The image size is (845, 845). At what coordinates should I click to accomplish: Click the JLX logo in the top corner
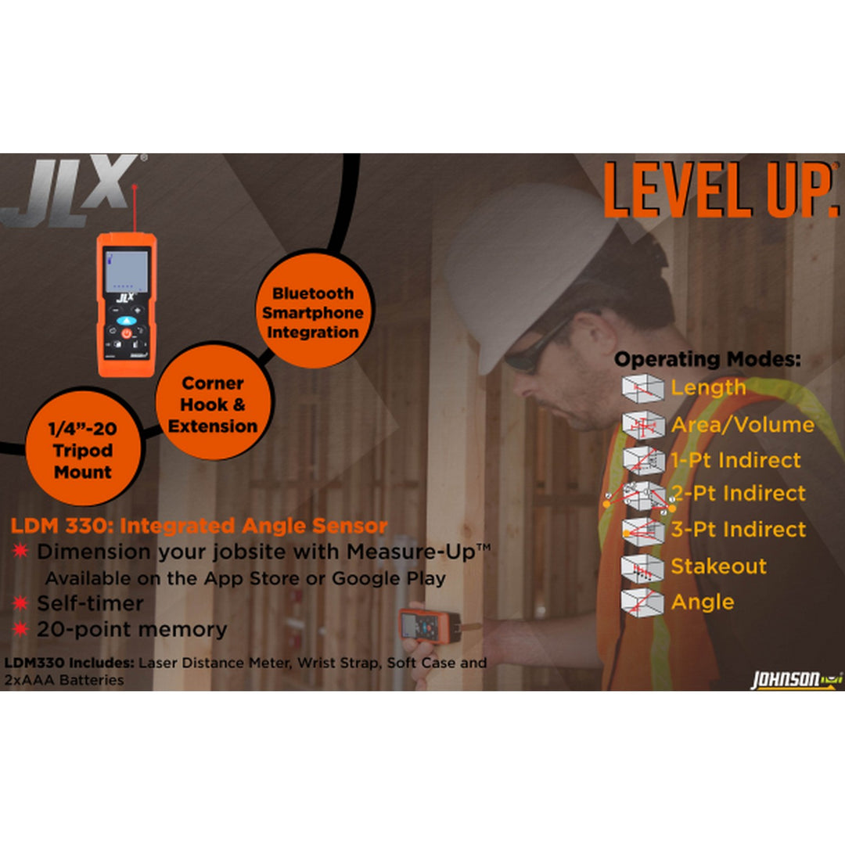72,190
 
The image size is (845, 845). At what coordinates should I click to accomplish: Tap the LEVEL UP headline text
720,191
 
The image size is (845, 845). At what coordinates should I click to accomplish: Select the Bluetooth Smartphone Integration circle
312,312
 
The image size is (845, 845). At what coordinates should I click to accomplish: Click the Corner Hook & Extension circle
213,405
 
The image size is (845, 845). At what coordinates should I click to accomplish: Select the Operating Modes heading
707,360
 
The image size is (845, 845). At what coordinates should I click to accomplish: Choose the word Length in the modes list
708,387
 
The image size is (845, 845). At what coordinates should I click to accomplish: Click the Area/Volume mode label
743,425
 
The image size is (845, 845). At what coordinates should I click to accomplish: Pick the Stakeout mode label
718,566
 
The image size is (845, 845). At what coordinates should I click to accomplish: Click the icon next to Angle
642,602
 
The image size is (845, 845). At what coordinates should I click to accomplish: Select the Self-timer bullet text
90,603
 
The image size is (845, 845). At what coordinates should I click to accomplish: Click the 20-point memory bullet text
131,629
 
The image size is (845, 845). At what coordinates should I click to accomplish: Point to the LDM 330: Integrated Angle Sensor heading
199,526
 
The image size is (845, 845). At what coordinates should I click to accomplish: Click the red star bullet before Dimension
20,551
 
